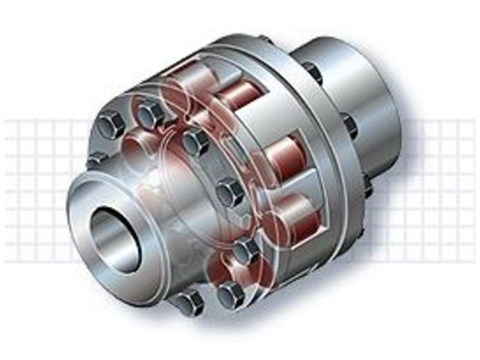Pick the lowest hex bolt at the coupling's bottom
(187, 302)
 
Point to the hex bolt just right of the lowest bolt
(230, 293)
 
